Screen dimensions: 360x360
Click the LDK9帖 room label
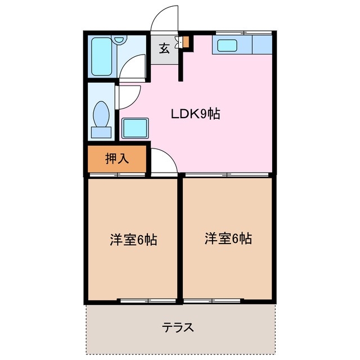click(195, 114)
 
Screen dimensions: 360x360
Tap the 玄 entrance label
click(164, 48)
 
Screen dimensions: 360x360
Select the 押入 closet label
click(118, 159)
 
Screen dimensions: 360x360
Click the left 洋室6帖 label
click(133, 240)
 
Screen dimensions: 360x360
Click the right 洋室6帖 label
click(228, 238)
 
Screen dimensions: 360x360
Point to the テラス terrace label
click(178, 327)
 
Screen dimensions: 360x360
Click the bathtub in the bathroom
click(102, 57)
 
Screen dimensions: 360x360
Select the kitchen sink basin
click(228, 45)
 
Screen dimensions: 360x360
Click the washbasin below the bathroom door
click(135, 128)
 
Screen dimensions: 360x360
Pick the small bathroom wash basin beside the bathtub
click(119, 39)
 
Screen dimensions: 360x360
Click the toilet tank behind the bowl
click(101, 132)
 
